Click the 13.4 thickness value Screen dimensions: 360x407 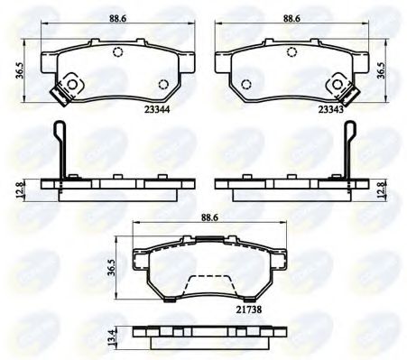click(x=112, y=338)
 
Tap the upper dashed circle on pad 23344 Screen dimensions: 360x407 click(x=117, y=51)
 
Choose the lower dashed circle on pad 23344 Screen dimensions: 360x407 click(x=162, y=87)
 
